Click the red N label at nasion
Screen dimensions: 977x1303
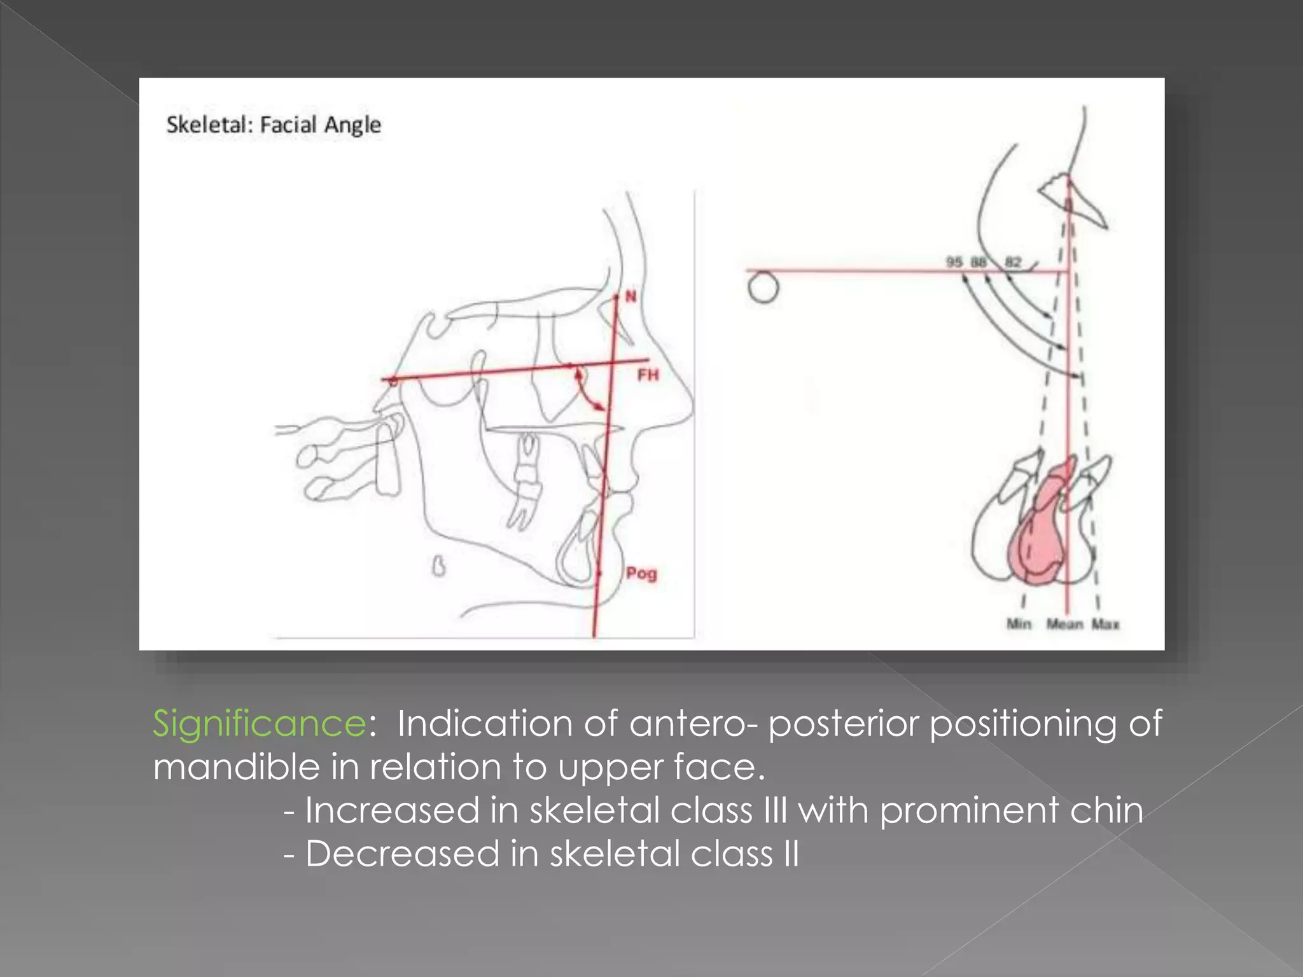click(631, 296)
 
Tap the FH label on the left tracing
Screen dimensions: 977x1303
click(648, 375)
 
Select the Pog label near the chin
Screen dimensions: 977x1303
click(641, 573)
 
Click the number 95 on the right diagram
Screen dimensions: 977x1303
click(954, 262)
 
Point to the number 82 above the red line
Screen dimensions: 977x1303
click(1013, 262)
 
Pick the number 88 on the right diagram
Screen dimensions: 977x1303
click(979, 262)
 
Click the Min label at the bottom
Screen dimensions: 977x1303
click(1019, 624)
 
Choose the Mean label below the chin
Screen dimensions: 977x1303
click(1064, 624)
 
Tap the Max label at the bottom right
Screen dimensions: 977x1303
click(1106, 624)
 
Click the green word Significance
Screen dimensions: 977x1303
click(259, 723)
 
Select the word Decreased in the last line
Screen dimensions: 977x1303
click(402, 854)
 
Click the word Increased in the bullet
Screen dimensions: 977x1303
click(392, 810)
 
